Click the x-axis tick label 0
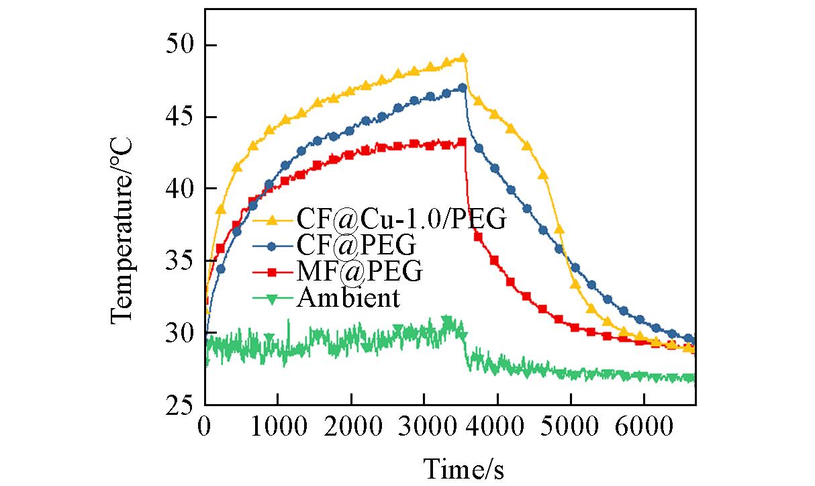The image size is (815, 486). [205, 427]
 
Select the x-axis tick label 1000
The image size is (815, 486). [278, 427]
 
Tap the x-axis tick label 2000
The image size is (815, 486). [351, 427]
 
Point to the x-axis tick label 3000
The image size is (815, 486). [424, 427]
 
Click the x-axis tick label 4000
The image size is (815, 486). [497, 427]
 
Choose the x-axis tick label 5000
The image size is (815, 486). [571, 427]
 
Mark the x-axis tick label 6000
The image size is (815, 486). [644, 427]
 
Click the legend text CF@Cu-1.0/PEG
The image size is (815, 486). [400, 220]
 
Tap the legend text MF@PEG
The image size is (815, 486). [359, 272]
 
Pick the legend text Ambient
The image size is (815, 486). [348, 297]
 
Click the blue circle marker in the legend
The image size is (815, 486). [271, 246]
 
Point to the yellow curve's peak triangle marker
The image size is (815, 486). [463, 58]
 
